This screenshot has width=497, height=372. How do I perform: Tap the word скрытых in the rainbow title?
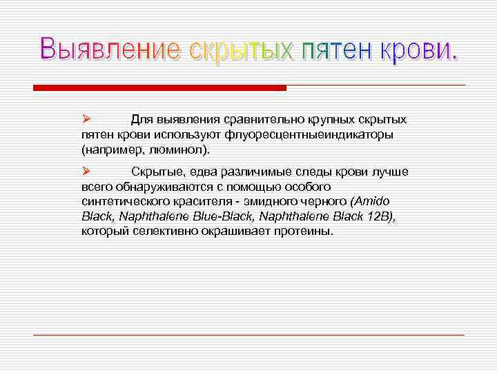point(241,52)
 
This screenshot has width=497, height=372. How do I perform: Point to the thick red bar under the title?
point(159,88)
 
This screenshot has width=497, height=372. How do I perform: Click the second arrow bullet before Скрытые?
point(85,171)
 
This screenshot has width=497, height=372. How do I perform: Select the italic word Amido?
point(371,201)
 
